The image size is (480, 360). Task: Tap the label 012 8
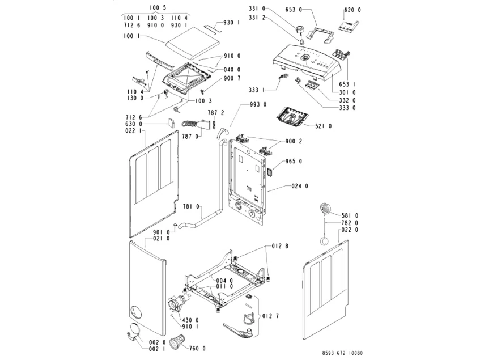281,246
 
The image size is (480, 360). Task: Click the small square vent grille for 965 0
270,168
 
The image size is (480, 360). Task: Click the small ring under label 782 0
324,241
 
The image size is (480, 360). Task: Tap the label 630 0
133,124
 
